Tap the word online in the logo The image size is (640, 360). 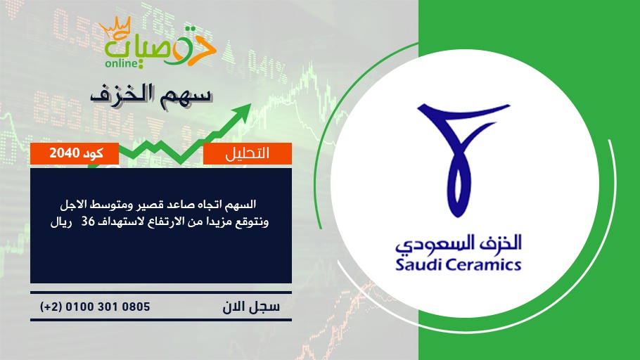[122, 63]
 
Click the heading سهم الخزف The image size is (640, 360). [151, 95]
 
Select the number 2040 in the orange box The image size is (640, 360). [64, 153]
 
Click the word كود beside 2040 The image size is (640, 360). [93, 153]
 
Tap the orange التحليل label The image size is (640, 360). [248, 153]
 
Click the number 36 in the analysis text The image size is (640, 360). [88, 222]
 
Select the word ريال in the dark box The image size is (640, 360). [60, 222]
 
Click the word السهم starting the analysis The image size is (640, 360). [243, 204]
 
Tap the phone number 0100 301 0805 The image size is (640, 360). [108, 307]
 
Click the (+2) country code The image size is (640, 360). [51, 307]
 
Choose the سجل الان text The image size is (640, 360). [251, 307]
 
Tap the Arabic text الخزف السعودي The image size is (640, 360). [459, 243]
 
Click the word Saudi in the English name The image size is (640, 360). [418, 264]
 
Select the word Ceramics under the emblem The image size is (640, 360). [484, 265]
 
